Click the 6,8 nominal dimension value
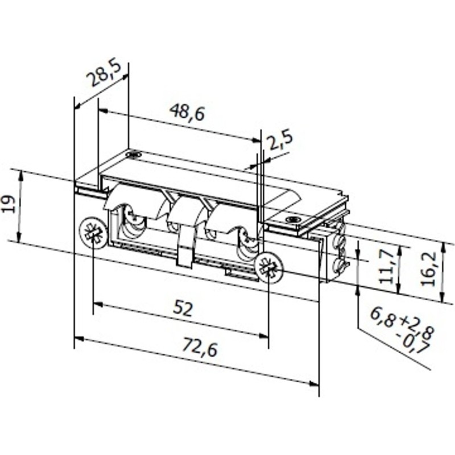click(x=382, y=316)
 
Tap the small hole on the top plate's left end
click(x=133, y=154)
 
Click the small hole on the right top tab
click(x=293, y=220)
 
